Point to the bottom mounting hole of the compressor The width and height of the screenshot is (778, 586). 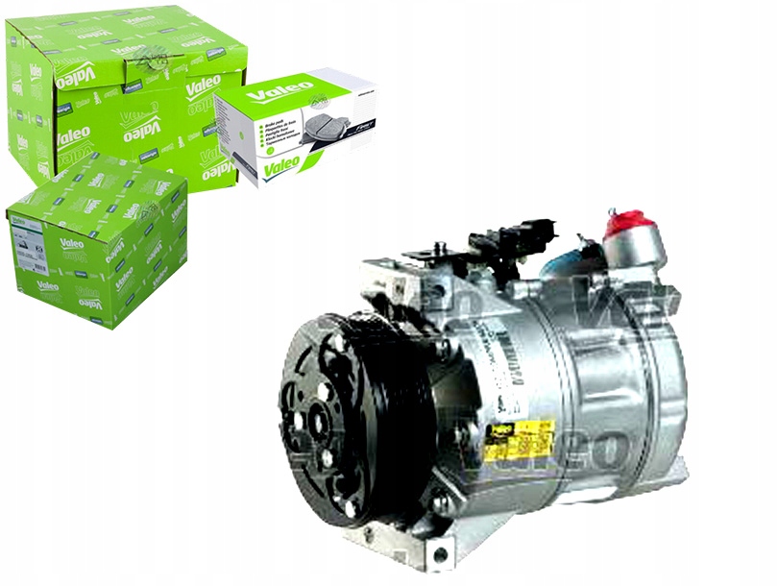(x=440, y=554)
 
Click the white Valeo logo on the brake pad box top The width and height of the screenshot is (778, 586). (x=279, y=93)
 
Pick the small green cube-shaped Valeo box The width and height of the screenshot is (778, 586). (x=96, y=240)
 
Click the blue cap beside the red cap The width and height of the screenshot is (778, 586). (x=575, y=259)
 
